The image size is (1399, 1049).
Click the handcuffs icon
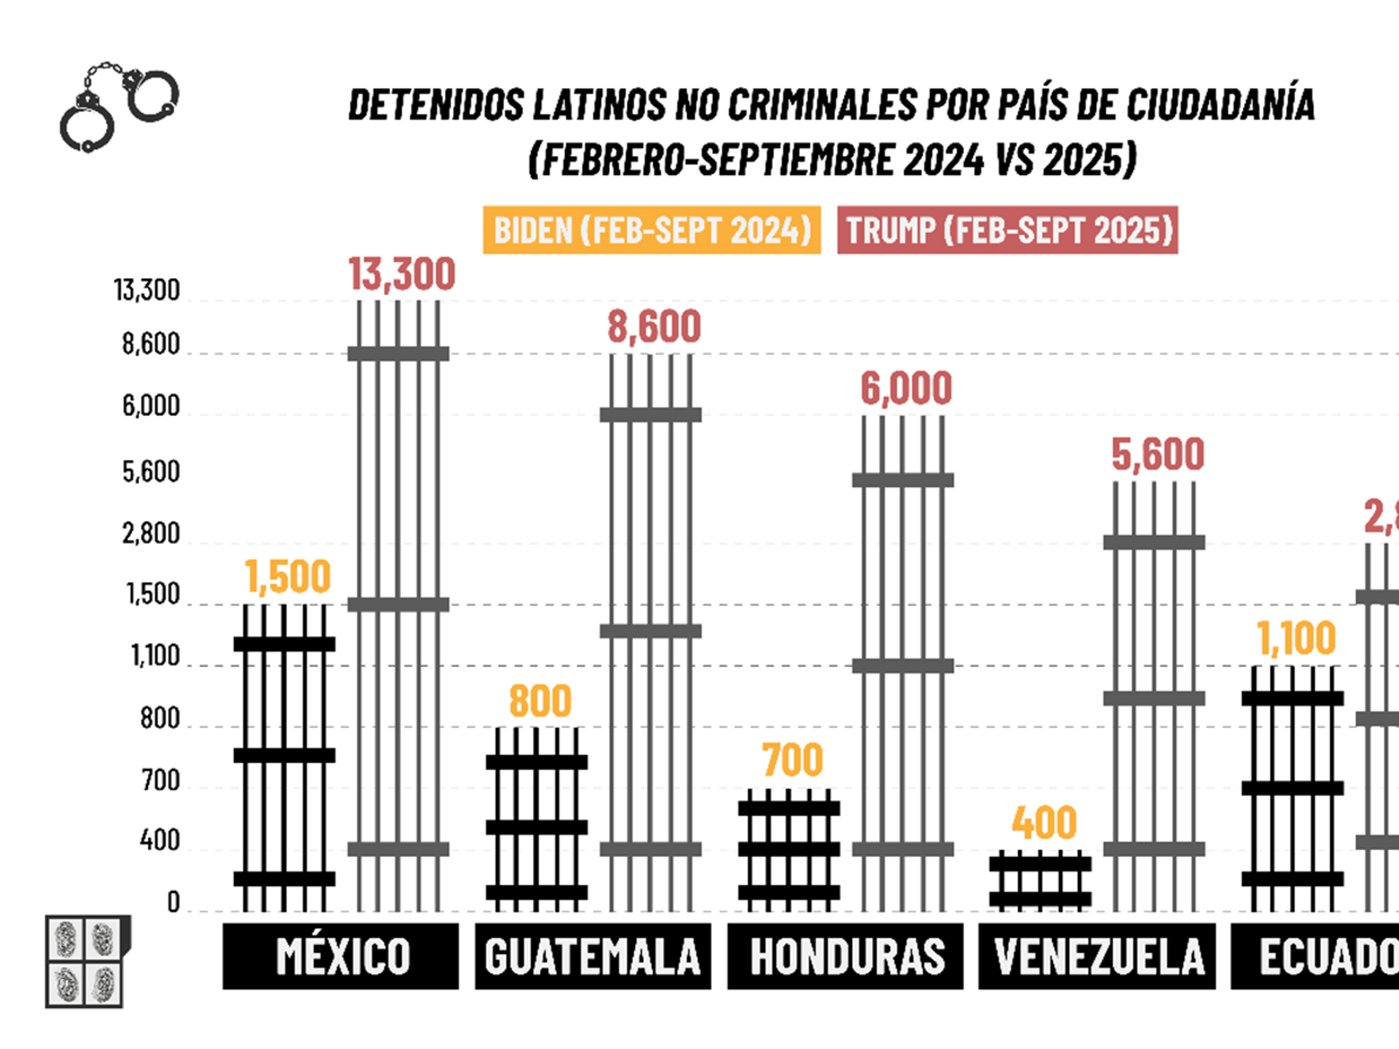(x=119, y=106)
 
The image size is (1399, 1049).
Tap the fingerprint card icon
(x=87, y=960)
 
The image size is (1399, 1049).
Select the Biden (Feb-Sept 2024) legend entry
(x=652, y=230)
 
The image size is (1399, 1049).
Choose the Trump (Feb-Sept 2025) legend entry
(x=1007, y=230)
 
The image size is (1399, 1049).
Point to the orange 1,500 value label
(x=288, y=577)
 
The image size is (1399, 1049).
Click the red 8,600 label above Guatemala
(x=654, y=327)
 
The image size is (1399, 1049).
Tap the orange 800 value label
(x=540, y=700)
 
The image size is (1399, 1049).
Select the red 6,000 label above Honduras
(x=906, y=388)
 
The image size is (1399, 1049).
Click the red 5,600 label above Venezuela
(x=1158, y=455)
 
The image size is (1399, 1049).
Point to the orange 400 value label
(x=1043, y=823)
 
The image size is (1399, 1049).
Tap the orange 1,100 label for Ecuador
(x=1296, y=638)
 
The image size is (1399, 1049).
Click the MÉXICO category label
(x=341, y=956)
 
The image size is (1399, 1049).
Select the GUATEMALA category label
(x=593, y=956)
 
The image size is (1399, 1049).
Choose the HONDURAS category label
(x=846, y=956)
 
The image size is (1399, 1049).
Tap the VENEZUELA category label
(x=1097, y=956)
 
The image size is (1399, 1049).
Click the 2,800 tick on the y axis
(x=151, y=534)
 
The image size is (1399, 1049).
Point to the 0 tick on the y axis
(x=173, y=902)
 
